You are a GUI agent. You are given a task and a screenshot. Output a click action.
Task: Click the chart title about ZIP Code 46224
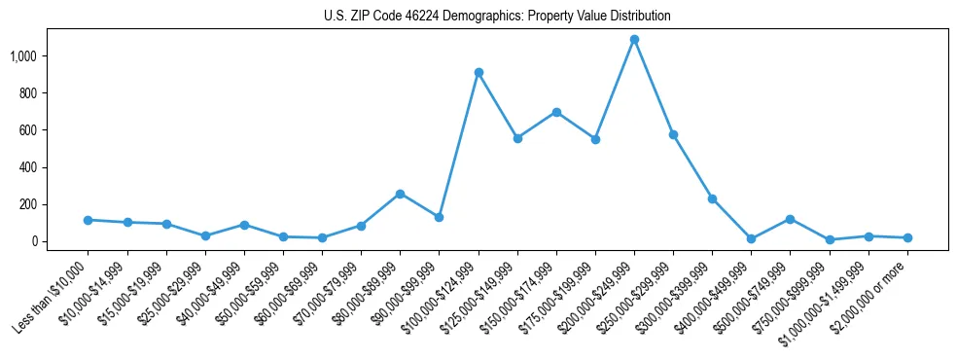(x=497, y=17)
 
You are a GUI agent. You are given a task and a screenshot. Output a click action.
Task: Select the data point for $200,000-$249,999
(x=634, y=40)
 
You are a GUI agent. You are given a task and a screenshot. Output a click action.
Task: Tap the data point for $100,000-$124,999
(x=478, y=72)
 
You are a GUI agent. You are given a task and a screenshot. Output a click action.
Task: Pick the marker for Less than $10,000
(x=89, y=220)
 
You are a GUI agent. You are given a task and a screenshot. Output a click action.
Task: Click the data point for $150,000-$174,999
(x=556, y=112)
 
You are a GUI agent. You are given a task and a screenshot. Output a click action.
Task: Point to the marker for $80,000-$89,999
(x=400, y=194)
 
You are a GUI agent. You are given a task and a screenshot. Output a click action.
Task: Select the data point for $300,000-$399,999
(x=712, y=198)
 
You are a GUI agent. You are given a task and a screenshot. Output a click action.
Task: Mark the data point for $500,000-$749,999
(x=790, y=219)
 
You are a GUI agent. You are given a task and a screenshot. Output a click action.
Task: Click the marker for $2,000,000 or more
(x=907, y=237)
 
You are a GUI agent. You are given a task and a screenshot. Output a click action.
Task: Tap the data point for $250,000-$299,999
(x=673, y=134)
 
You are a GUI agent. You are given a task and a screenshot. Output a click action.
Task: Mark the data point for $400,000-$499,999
(x=751, y=238)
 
